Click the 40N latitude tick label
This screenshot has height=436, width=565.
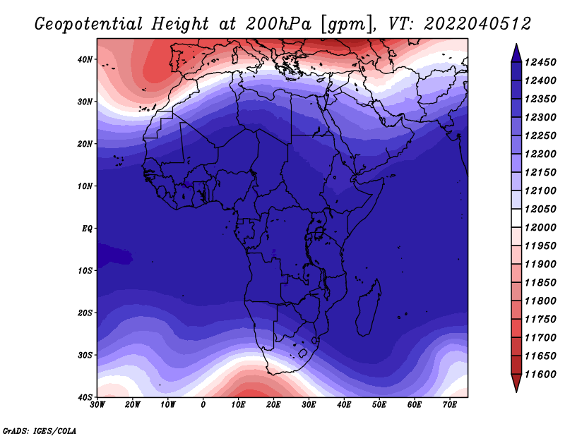pos(85,59)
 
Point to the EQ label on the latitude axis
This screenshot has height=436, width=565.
pos(87,229)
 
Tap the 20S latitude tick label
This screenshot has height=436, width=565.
pos(85,313)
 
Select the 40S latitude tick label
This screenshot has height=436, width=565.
pos(85,397)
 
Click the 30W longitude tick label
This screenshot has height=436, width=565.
pos(97,405)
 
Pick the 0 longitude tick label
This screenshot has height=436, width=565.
pos(203,405)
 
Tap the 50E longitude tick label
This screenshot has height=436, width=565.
pos(379,405)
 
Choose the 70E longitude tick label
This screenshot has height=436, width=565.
pos(450,405)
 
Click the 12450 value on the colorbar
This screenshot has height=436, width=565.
pos(540,62)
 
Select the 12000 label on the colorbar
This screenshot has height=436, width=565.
pos(540,228)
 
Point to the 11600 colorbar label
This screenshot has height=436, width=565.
pos(540,375)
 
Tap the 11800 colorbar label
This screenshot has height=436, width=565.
pos(540,301)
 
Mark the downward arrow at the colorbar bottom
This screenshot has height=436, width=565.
pos(516,382)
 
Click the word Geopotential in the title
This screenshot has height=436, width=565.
pos(89,25)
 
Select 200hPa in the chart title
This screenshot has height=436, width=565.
pos(278,24)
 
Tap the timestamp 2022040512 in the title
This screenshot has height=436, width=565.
pos(477,24)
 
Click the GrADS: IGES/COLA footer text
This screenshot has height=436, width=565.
pos(40,431)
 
